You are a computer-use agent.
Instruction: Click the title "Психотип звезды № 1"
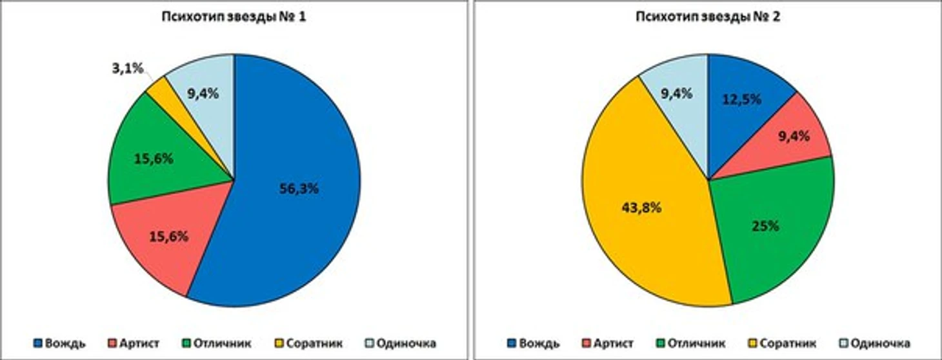click(234, 18)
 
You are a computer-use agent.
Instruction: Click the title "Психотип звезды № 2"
click(708, 18)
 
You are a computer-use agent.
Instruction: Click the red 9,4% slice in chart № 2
click(794, 137)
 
